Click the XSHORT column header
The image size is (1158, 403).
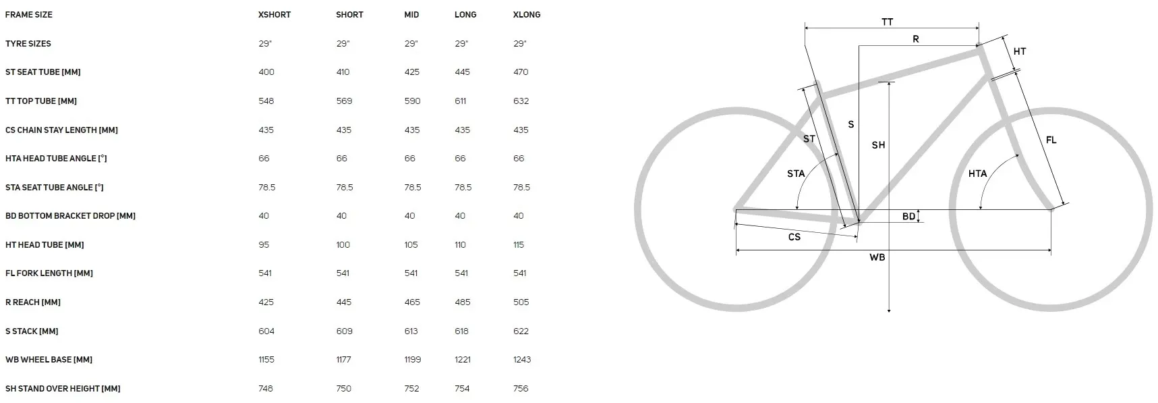(x=274, y=15)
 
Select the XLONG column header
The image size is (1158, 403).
(x=527, y=15)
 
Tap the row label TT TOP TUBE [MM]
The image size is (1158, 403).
(x=41, y=101)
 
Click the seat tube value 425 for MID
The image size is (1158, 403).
(x=412, y=72)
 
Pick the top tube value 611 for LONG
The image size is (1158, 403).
(x=461, y=101)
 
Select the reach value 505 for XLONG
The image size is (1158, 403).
(x=521, y=302)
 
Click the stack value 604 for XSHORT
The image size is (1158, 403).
(x=266, y=331)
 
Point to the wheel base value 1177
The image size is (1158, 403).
(x=344, y=360)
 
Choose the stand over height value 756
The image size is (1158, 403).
(x=521, y=389)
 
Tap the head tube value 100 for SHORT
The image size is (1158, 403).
(x=343, y=245)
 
